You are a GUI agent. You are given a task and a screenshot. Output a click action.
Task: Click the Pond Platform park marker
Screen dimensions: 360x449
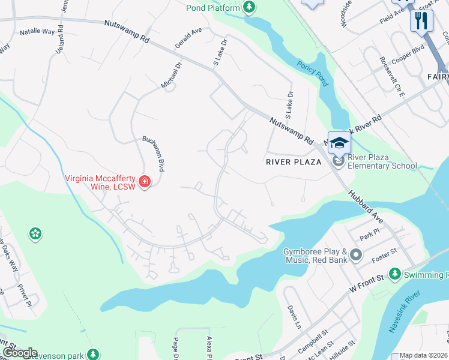(249, 7)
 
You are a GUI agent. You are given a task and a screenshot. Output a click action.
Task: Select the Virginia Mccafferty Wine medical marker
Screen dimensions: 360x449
(144, 181)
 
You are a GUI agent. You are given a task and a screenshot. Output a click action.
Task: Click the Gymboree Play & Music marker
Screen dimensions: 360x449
(355, 256)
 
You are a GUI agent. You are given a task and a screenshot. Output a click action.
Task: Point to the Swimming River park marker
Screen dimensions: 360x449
(395, 274)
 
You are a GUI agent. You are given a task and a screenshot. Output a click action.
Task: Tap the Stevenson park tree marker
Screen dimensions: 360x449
(92, 355)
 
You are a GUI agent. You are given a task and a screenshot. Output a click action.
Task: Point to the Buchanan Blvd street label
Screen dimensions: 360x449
(153, 154)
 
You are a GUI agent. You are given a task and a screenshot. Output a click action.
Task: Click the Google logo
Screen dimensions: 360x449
(19, 353)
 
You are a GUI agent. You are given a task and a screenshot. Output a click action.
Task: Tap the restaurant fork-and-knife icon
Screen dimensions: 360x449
(421, 21)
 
